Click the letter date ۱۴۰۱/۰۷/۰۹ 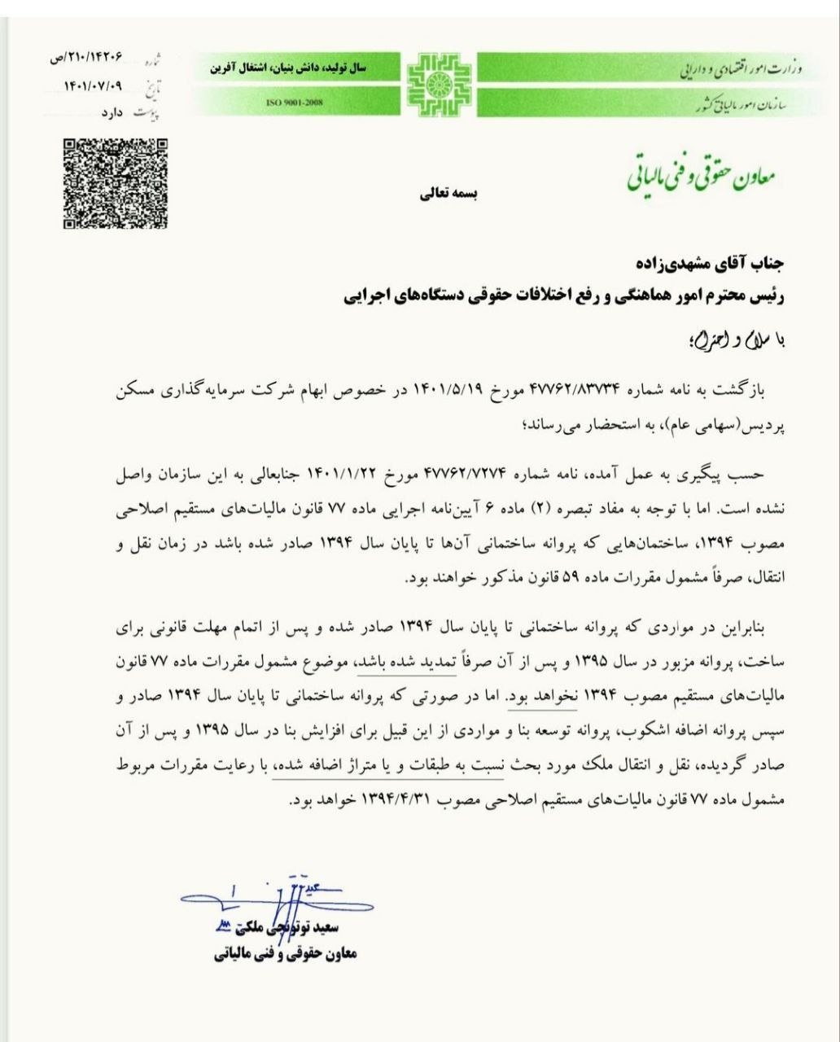point(95,85)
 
